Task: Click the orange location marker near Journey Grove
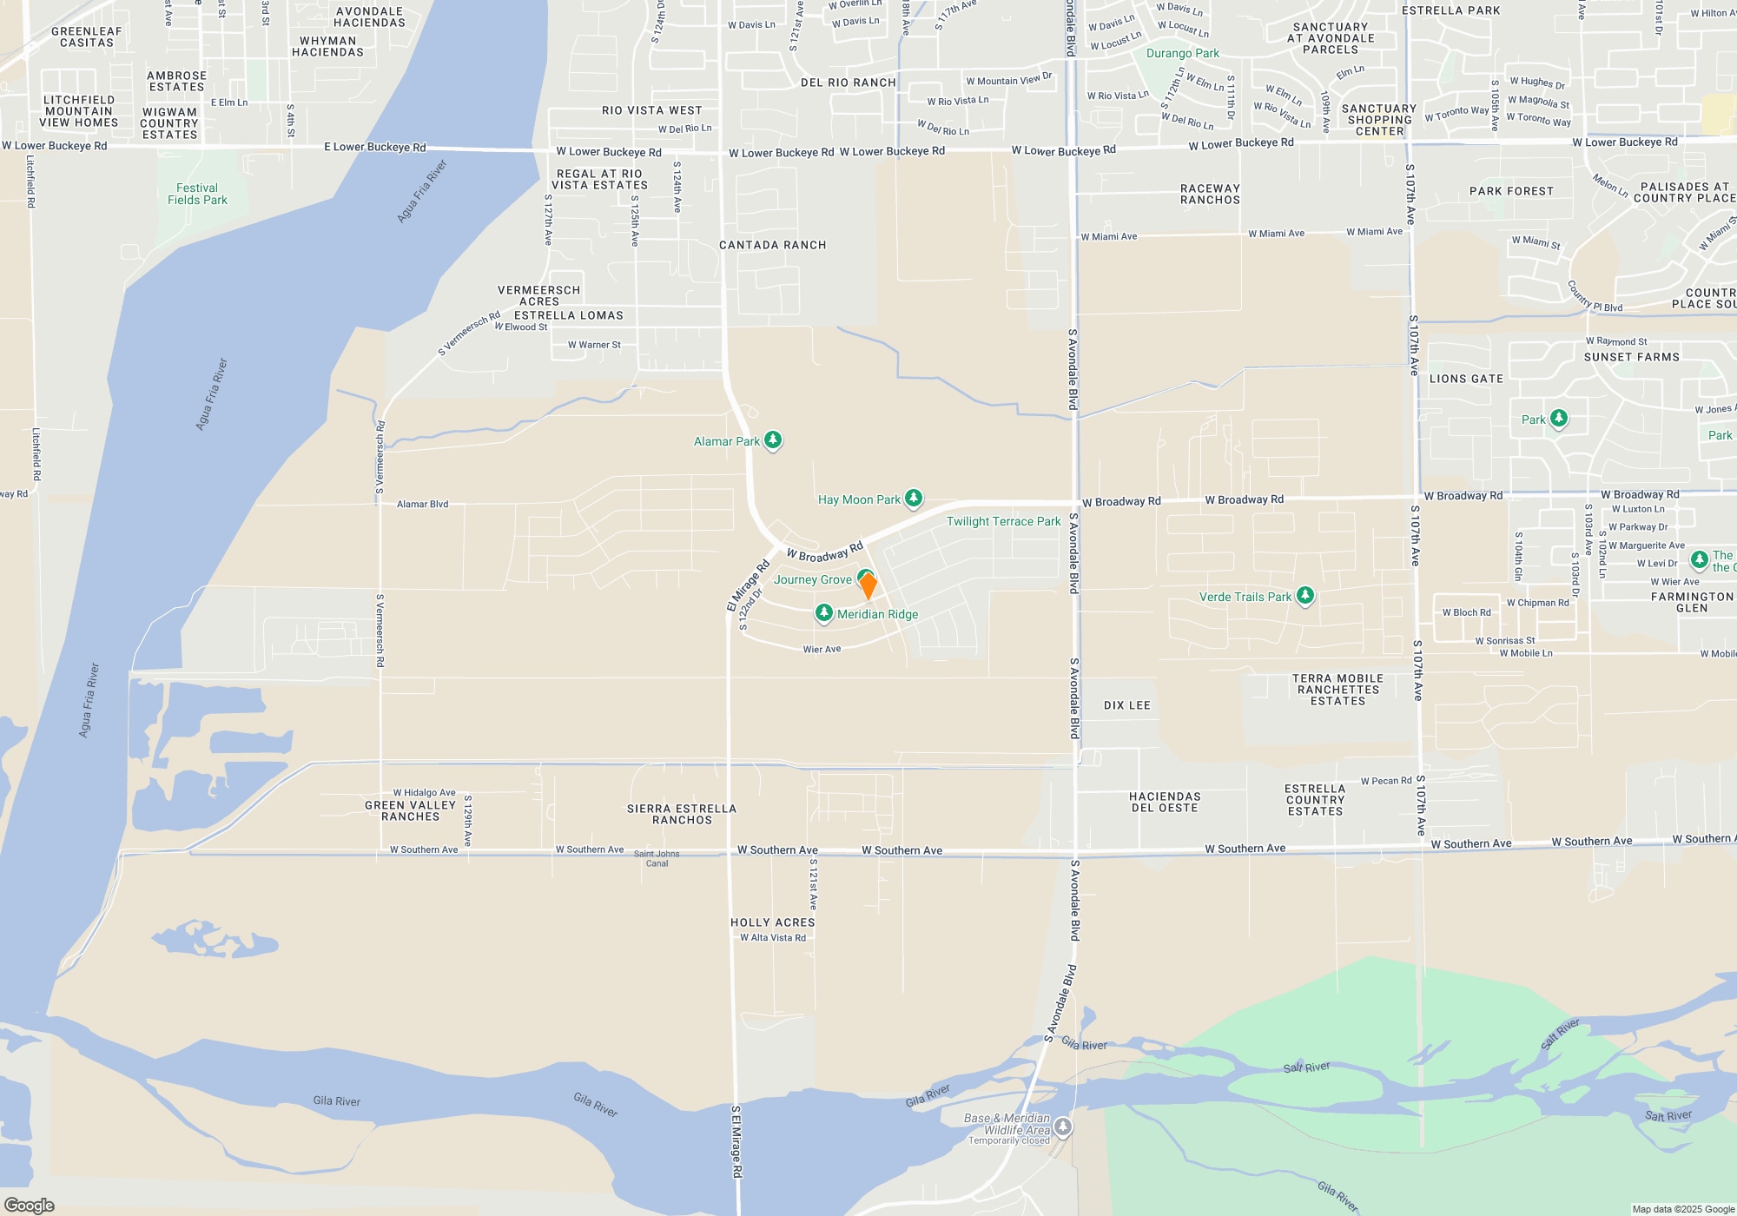tap(868, 586)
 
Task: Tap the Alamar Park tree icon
tap(772, 440)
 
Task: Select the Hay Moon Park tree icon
tap(913, 498)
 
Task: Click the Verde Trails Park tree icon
tap(1304, 595)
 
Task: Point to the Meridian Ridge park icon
tap(824, 613)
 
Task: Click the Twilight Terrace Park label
tap(1003, 521)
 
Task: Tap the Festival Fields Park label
tap(197, 194)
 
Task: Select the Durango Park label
tap(1182, 53)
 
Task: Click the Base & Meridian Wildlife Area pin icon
tap(1063, 1127)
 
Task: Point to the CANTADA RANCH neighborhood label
tap(772, 245)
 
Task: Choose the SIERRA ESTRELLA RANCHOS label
tap(682, 814)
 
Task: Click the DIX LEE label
tap(1126, 705)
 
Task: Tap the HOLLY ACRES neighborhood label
tap(772, 922)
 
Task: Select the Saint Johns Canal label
tap(657, 858)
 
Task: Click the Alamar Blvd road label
tap(422, 504)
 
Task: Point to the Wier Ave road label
tap(822, 649)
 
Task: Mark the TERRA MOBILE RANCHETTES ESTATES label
tap(1337, 690)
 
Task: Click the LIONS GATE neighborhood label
tap(1466, 379)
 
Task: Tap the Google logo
tap(30, 1205)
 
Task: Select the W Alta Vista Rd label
tap(772, 937)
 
